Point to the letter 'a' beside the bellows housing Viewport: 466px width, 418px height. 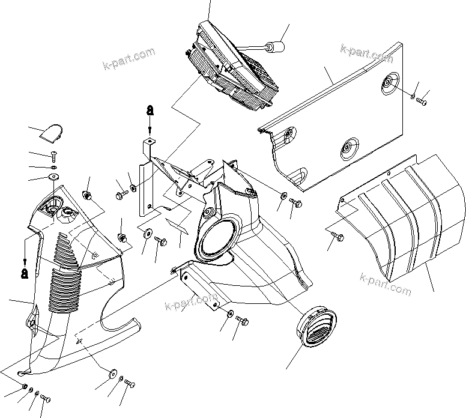coord(24,273)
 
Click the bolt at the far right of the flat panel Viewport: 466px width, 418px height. coord(422,101)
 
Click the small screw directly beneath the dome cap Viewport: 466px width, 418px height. coord(52,156)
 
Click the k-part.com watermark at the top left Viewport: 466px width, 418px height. coord(129,59)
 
